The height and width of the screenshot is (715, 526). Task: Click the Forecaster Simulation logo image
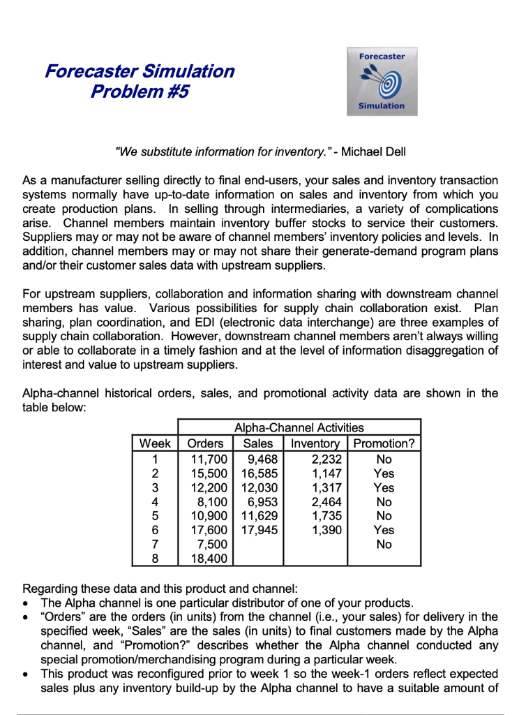(x=382, y=81)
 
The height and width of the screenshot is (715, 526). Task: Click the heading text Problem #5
(x=140, y=91)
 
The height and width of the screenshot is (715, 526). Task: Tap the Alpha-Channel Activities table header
(x=299, y=427)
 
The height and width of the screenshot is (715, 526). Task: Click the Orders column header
(x=206, y=443)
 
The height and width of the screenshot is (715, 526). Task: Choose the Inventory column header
(x=315, y=443)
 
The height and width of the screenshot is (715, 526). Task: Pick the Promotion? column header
(x=384, y=443)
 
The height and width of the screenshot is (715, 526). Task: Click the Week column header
(x=155, y=443)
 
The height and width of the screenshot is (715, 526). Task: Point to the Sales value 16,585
(x=259, y=473)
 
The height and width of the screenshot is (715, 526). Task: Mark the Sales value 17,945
(x=259, y=530)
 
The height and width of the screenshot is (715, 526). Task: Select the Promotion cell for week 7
(x=384, y=544)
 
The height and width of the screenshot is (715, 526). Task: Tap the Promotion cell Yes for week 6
(x=384, y=530)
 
